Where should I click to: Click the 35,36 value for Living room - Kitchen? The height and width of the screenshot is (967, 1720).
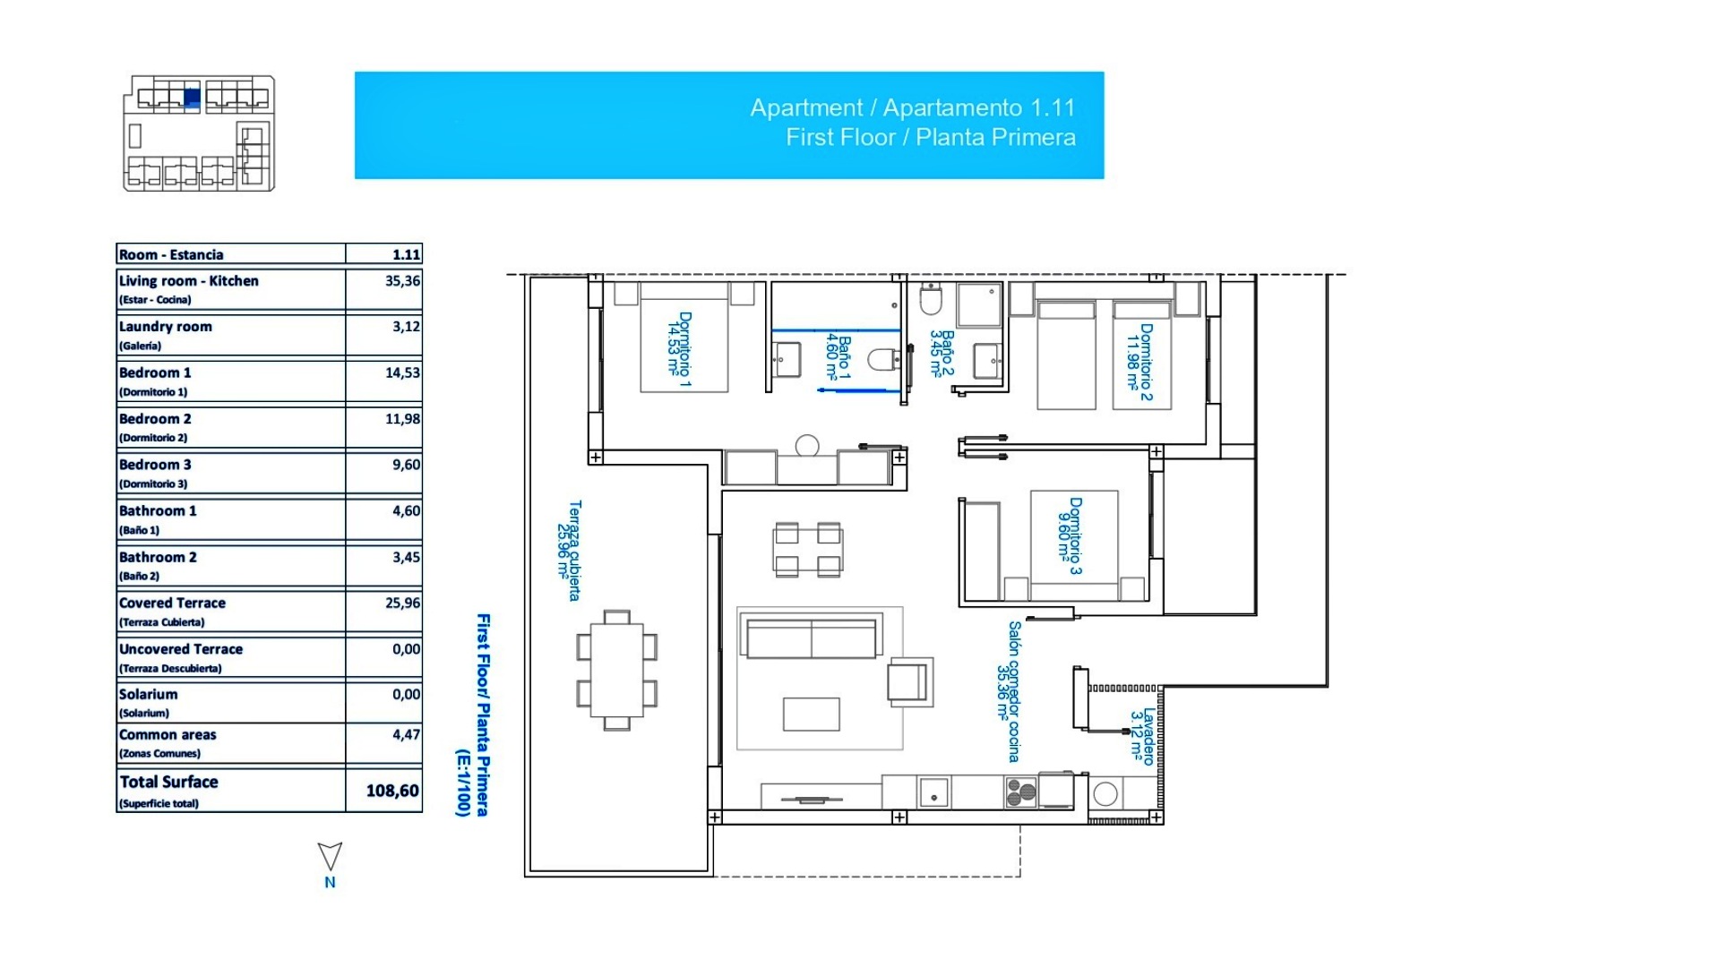pos(402,281)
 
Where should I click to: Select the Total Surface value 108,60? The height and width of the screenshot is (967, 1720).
pos(392,791)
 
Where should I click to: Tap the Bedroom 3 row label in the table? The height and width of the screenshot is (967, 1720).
pos(155,465)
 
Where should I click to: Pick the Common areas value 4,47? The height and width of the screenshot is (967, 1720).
pos(406,735)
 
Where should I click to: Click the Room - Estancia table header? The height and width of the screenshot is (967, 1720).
pos(171,255)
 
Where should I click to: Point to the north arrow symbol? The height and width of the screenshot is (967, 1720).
pos(330,857)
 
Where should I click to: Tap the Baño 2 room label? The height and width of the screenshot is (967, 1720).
pos(942,353)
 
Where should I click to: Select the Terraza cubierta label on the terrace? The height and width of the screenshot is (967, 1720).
pos(569,550)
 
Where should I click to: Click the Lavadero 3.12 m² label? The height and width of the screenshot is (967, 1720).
pos(1141,737)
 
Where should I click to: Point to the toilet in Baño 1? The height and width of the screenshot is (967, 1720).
pos(883,360)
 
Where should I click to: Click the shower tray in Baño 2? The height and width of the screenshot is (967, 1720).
pos(978,304)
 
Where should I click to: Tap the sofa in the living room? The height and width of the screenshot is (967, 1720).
pos(810,637)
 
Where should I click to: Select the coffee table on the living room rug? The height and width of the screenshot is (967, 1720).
pos(811,715)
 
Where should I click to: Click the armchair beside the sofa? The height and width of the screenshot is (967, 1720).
pos(908,680)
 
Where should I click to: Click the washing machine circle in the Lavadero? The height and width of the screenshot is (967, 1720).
pos(1105,793)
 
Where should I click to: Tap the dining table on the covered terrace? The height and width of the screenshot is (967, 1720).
pos(616,671)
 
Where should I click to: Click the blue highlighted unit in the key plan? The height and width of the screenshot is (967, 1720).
pos(192,98)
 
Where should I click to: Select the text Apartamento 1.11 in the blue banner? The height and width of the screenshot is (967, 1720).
pos(978,108)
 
